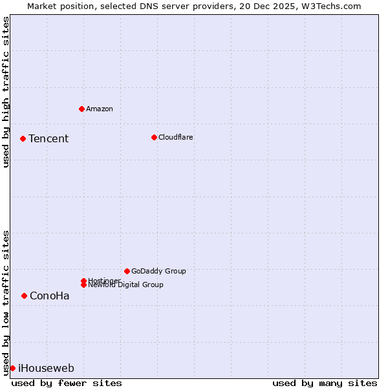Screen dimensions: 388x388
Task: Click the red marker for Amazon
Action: tap(81, 109)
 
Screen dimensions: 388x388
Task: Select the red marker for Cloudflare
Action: tap(154, 137)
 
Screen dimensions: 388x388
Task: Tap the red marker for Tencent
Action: tap(23, 138)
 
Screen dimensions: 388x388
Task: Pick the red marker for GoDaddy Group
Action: tap(127, 271)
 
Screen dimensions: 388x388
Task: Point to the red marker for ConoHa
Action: tap(24, 296)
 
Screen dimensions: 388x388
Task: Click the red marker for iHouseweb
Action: tap(12, 368)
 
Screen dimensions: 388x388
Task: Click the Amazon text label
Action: tap(100, 109)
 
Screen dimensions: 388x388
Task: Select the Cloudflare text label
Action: tap(175, 137)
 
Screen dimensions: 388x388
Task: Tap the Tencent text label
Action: tap(48, 138)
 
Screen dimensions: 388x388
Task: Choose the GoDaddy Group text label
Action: tap(158, 271)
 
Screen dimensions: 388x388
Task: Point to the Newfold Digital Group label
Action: tap(125, 285)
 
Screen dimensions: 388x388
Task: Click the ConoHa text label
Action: tap(50, 296)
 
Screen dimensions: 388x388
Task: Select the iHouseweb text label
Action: tap(46, 368)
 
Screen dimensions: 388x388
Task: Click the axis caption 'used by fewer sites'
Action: tap(67, 383)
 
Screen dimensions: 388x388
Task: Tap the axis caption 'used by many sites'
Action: tap(325, 383)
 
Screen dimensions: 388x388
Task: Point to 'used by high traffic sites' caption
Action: tap(6, 92)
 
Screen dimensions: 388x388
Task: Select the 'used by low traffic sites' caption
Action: tap(6, 303)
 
